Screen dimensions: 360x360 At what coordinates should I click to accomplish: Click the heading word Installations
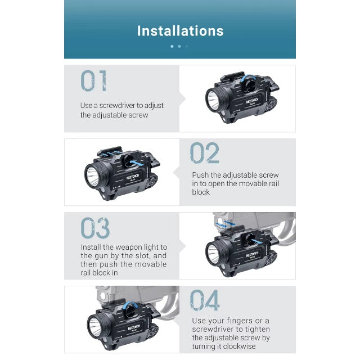click(x=180, y=31)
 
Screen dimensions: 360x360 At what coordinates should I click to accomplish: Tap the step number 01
click(x=94, y=81)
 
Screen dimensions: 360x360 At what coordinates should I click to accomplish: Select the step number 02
click(x=204, y=152)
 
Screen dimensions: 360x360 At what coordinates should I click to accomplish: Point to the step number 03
click(x=95, y=228)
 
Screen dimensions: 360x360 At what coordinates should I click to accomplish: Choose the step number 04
click(x=205, y=300)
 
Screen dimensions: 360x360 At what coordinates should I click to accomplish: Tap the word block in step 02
click(x=201, y=192)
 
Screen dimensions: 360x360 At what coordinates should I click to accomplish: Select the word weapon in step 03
click(x=128, y=247)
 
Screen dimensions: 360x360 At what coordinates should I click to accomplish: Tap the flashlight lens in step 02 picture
click(x=92, y=175)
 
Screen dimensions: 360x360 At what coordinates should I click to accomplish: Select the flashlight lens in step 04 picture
click(x=94, y=327)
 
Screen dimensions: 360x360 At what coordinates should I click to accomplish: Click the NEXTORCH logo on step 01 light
click(x=252, y=101)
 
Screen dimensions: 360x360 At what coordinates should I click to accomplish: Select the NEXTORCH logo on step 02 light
click(x=133, y=177)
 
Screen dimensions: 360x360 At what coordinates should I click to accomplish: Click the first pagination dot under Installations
click(x=172, y=46)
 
